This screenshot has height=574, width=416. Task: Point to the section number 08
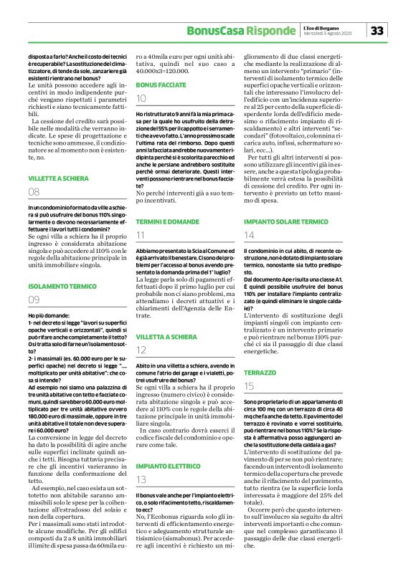pos(34,192)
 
